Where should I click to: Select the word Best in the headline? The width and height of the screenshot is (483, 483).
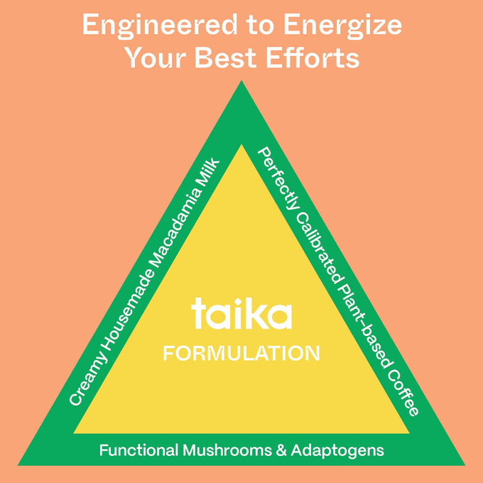coord(225,58)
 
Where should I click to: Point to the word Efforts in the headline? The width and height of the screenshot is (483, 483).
coord(313,58)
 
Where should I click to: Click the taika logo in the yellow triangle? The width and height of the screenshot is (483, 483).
coord(241,313)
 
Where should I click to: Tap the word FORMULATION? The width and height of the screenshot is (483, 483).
coord(241,353)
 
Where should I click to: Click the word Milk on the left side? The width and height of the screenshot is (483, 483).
coord(209,174)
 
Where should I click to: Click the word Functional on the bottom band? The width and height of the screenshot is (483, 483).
coord(139,450)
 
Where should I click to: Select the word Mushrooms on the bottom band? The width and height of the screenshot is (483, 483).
coord(227,450)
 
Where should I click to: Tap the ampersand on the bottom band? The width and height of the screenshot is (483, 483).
coord(281,450)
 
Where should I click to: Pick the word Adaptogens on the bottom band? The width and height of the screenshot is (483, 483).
coord(337,451)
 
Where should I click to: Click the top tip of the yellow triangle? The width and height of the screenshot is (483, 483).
coord(241,145)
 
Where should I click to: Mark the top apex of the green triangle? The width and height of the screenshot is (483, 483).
coord(241,81)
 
